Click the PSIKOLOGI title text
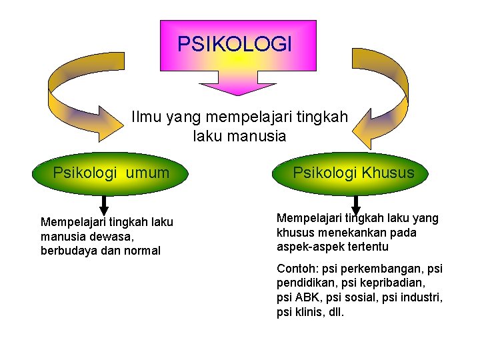point(235,44)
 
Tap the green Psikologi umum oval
point(111,174)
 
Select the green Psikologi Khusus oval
point(353,173)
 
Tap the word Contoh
point(297,269)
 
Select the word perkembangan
point(383,269)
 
